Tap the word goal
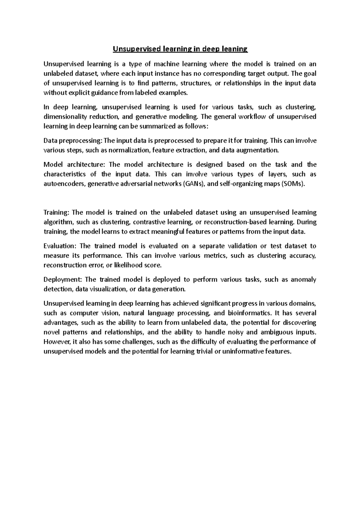coord(308,73)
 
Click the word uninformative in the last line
coord(243,352)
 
